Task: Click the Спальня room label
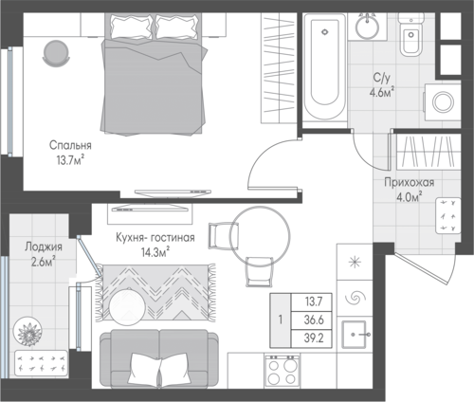70,145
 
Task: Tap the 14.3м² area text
155,253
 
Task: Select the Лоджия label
44,247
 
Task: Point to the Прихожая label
410,182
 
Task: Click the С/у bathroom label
382,77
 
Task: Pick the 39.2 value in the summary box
314,338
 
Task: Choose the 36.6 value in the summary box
314,320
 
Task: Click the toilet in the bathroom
410,35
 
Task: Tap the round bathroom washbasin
367,27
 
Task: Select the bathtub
324,66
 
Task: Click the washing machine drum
443,101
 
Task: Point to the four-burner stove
283,371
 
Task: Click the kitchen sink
355,334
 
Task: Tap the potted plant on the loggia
29,332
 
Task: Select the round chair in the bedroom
56,53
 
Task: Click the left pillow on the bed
131,27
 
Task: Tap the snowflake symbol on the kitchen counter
355,262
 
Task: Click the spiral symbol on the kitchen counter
355,298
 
